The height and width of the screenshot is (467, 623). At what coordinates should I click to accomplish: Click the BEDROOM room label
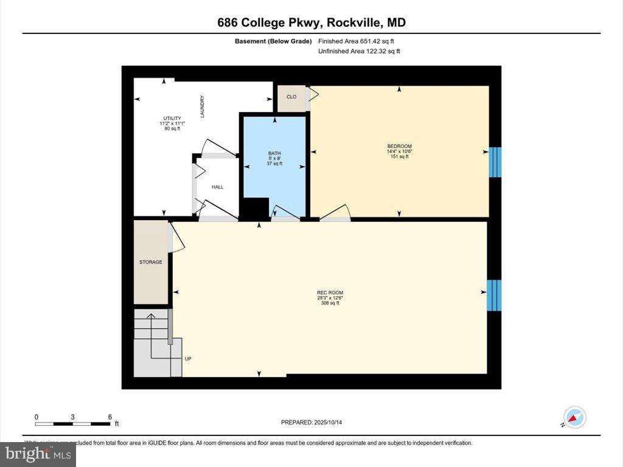click(x=399, y=146)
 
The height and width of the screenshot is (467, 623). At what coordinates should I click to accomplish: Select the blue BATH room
click(x=274, y=164)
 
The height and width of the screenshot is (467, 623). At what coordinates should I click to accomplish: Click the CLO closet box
click(x=291, y=97)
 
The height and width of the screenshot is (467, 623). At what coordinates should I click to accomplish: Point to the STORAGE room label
click(x=150, y=262)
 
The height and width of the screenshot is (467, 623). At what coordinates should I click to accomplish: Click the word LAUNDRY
click(x=202, y=106)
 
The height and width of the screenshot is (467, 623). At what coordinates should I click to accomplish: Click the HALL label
click(x=217, y=187)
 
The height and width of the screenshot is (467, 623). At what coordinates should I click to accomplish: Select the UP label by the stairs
click(x=188, y=359)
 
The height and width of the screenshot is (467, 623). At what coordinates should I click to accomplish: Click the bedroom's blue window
click(x=495, y=161)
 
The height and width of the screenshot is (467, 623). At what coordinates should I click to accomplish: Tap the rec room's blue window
click(x=494, y=296)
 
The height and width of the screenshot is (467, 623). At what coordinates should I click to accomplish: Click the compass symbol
click(x=574, y=418)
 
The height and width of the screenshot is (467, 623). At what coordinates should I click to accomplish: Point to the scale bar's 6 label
click(x=110, y=417)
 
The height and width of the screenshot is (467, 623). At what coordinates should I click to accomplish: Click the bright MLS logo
click(x=38, y=454)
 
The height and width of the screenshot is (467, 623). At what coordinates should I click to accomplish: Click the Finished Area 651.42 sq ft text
click(x=360, y=41)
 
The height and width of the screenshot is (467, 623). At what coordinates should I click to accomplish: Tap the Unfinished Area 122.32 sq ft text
click(x=359, y=51)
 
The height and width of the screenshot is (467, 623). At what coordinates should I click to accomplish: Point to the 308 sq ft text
click(x=330, y=303)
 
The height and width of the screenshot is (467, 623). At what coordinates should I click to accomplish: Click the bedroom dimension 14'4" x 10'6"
click(x=399, y=151)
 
